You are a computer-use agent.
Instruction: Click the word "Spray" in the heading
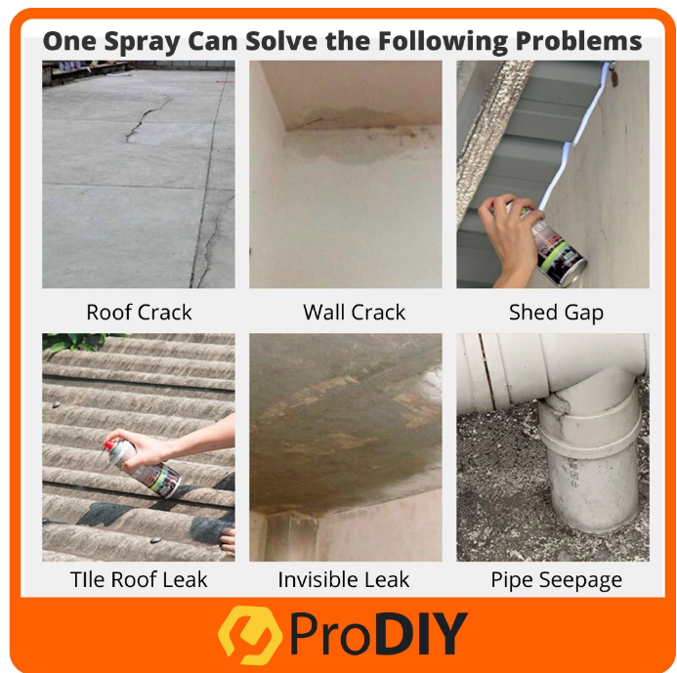(142, 42)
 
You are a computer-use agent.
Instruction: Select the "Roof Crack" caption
(139, 313)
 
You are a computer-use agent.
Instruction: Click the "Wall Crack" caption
(354, 313)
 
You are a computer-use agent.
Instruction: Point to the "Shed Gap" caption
(556, 313)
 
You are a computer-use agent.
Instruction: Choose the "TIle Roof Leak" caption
(139, 579)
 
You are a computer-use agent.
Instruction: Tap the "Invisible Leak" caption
(343, 579)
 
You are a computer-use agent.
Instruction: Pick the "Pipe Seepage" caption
(556, 580)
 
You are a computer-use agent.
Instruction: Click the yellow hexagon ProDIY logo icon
(249, 635)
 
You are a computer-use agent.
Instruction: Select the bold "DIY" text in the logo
(421, 633)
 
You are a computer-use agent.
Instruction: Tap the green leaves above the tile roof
(78, 342)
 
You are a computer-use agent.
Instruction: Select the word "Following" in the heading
(443, 42)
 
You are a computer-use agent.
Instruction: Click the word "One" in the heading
(69, 41)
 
